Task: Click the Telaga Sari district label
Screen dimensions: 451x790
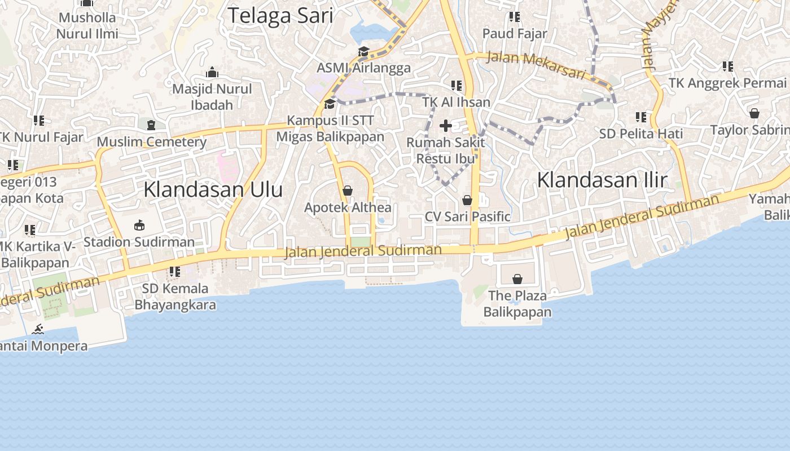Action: pyautogui.click(x=280, y=15)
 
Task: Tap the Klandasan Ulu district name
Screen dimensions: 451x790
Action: pyautogui.click(x=213, y=189)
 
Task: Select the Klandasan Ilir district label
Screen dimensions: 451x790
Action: pyautogui.click(x=602, y=180)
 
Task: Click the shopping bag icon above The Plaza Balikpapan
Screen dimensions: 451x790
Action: pyautogui.click(x=517, y=278)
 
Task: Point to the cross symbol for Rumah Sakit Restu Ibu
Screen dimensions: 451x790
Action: pyautogui.click(x=446, y=125)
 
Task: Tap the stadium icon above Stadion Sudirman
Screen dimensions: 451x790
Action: pyautogui.click(x=139, y=225)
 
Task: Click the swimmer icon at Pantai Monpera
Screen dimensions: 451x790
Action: pyautogui.click(x=38, y=329)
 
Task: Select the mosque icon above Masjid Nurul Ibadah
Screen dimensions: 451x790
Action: pyautogui.click(x=212, y=72)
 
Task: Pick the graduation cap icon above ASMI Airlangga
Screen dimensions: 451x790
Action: pyautogui.click(x=363, y=52)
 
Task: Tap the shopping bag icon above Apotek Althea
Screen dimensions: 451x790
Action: pyautogui.click(x=348, y=191)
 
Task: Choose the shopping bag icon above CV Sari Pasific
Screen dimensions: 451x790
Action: pyautogui.click(x=467, y=200)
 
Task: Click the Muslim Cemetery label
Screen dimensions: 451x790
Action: pyautogui.click(x=152, y=142)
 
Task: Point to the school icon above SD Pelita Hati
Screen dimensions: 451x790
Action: pyautogui.click(x=641, y=117)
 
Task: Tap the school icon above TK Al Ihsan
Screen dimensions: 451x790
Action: pyautogui.click(x=456, y=86)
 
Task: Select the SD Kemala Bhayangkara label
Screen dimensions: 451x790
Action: pyautogui.click(x=175, y=297)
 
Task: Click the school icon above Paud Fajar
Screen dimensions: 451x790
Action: pyautogui.click(x=514, y=17)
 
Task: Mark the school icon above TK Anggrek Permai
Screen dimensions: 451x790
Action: pyautogui.click(x=727, y=67)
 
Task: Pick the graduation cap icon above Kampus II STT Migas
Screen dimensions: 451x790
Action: pyautogui.click(x=330, y=104)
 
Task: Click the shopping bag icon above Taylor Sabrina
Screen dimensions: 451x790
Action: pyautogui.click(x=754, y=113)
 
